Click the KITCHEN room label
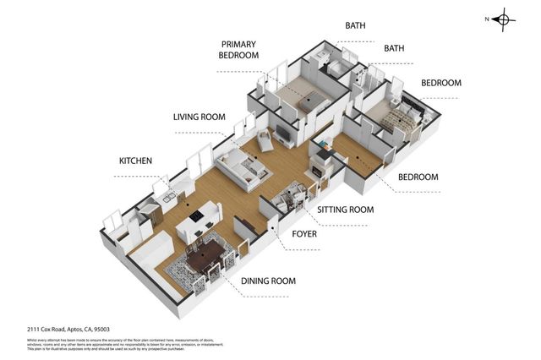(x=135, y=160)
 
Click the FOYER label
(x=304, y=233)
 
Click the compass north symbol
(x=503, y=19)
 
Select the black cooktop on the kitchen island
(x=197, y=215)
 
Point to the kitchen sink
(x=170, y=199)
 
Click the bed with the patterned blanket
(x=397, y=117)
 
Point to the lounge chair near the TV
(x=265, y=139)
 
